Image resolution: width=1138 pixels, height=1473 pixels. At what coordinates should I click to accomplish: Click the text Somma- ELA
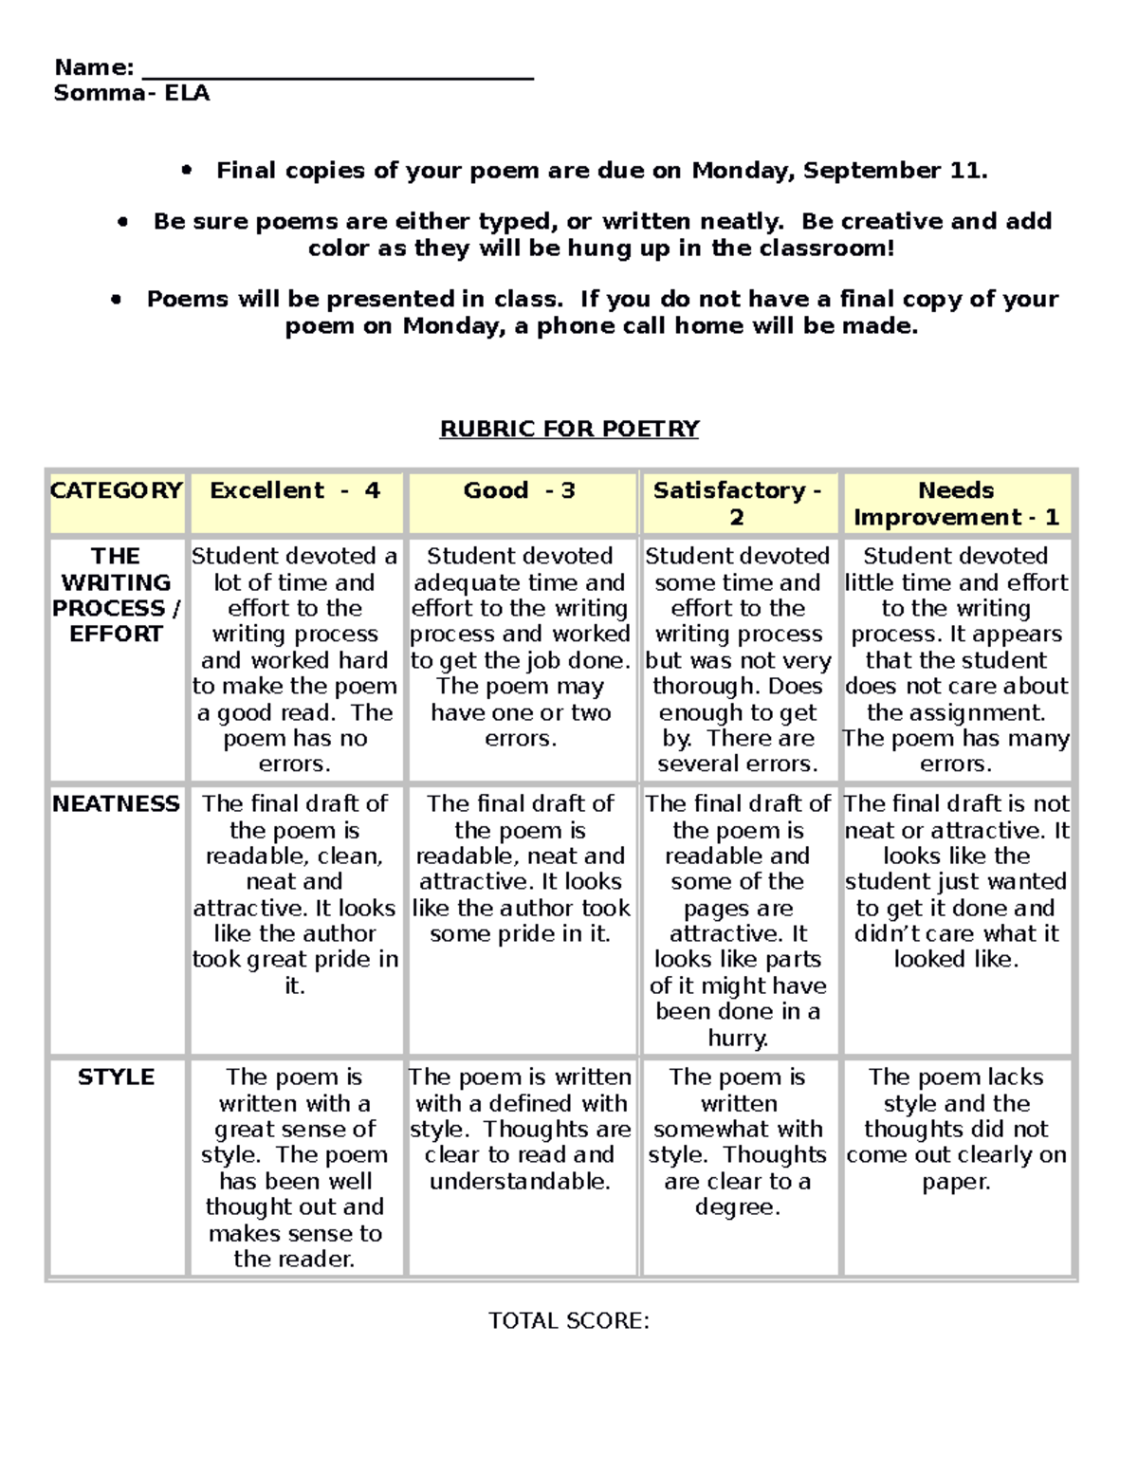(x=132, y=93)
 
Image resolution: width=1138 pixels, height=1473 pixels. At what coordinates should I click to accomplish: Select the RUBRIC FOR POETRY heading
(x=569, y=429)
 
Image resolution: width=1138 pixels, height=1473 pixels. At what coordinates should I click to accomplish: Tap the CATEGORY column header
(x=116, y=491)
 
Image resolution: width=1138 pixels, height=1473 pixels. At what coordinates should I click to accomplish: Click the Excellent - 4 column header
(x=295, y=491)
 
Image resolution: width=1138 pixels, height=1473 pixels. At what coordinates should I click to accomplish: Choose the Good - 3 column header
(x=520, y=491)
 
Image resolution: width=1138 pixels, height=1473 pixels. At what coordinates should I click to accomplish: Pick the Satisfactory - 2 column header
(x=737, y=504)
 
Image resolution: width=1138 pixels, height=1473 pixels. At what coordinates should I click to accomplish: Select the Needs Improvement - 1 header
(x=956, y=504)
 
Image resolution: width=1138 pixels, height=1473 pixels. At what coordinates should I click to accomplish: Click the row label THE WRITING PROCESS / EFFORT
(x=116, y=595)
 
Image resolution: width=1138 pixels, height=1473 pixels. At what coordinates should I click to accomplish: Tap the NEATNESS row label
(x=116, y=804)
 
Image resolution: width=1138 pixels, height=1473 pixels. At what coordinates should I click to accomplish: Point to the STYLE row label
(x=116, y=1077)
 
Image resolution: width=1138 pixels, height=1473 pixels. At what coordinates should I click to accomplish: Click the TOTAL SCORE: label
(x=569, y=1321)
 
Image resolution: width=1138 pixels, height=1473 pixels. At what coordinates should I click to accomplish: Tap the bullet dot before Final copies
(x=186, y=171)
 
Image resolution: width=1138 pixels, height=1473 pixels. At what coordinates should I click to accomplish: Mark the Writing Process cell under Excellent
(x=295, y=659)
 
